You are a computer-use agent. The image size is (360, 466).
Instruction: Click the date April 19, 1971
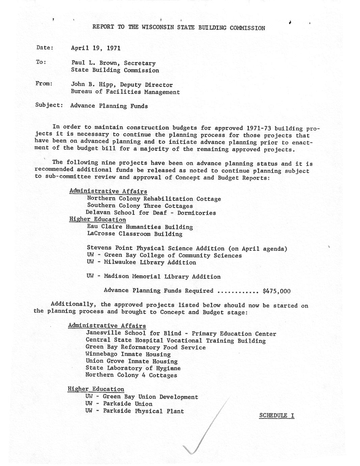pos(95,48)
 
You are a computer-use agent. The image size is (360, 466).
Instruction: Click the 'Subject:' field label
pos(49,105)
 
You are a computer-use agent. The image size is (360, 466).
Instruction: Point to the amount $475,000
pos(276,291)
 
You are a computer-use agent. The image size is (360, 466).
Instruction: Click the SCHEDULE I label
pos(277,415)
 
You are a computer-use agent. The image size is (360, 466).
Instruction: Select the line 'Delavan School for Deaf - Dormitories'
pos(150,213)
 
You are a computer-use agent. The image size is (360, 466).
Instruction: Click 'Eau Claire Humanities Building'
pos(140,227)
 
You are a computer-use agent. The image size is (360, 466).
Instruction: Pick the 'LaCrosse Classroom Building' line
pos(134,234)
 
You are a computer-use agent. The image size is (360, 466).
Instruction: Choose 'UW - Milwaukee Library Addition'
pos(141,262)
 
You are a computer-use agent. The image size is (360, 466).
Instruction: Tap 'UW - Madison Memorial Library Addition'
pos(154,277)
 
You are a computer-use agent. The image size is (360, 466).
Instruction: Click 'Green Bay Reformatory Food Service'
pos(145,347)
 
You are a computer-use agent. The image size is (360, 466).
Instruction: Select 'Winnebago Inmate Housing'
pos(128,354)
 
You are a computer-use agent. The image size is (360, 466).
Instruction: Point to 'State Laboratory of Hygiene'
pos(133,368)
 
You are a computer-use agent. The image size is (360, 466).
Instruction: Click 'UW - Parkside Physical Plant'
pos(135,411)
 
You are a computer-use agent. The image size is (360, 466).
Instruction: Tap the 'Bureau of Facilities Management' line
pos(125,92)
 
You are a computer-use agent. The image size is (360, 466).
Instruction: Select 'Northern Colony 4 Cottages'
pos(131,375)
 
